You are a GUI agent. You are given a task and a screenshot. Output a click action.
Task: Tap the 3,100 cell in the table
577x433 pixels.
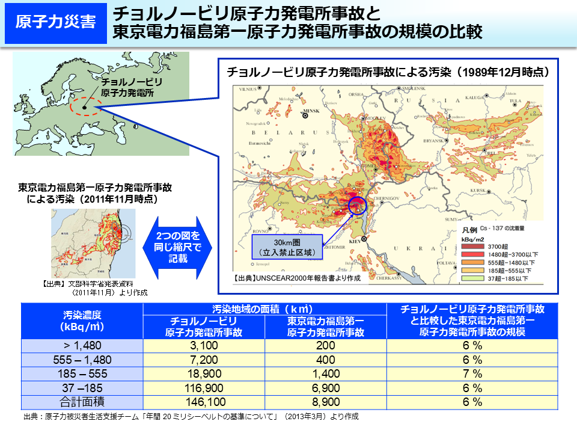(203, 346)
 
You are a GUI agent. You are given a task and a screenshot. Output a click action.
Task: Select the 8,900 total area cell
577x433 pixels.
(325, 402)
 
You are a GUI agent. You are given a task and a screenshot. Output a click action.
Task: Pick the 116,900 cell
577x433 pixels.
(203, 388)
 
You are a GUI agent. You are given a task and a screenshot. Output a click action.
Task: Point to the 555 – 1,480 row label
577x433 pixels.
(82, 360)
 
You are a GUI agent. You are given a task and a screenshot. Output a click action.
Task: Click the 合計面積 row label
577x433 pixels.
(82, 402)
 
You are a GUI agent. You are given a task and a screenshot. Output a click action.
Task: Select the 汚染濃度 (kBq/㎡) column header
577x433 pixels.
(82, 321)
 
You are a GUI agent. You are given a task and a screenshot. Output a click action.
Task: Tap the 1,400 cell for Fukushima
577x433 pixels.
(325, 374)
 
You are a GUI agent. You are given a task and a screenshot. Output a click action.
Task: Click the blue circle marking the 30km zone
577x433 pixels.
(357, 206)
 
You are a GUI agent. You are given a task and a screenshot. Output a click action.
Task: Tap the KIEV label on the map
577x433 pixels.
(357, 244)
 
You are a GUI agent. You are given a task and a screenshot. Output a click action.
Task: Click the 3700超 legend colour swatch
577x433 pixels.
(473, 247)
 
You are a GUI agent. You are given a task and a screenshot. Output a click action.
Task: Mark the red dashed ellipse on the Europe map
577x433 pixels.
(85, 108)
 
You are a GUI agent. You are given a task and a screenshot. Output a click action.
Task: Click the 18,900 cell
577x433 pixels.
(203, 374)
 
